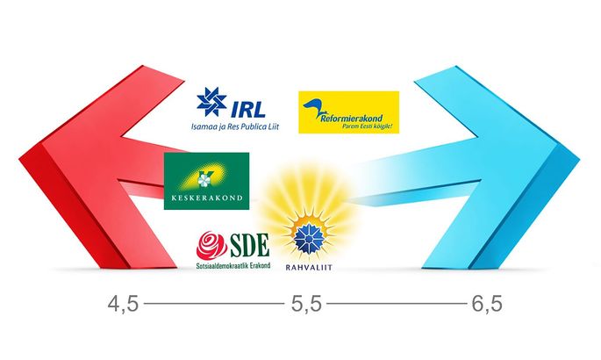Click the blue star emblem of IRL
click(211, 102)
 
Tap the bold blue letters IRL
click(247, 109)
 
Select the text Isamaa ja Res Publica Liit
click(235, 126)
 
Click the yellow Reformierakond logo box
click(349, 112)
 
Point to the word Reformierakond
click(352, 118)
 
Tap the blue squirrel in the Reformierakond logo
click(312, 109)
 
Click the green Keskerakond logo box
click(206, 181)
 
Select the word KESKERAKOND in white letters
click(207, 198)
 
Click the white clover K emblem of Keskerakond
click(204, 178)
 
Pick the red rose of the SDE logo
click(211, 245)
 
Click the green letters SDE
click(249, 245)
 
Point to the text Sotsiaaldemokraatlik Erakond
click(233, 265)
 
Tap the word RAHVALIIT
click(309, 268)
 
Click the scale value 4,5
click(123, 305)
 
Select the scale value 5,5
click(306, 305)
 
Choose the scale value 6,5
click(487, 305)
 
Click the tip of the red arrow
click(19, 159)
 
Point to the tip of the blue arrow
click(580, 159)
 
